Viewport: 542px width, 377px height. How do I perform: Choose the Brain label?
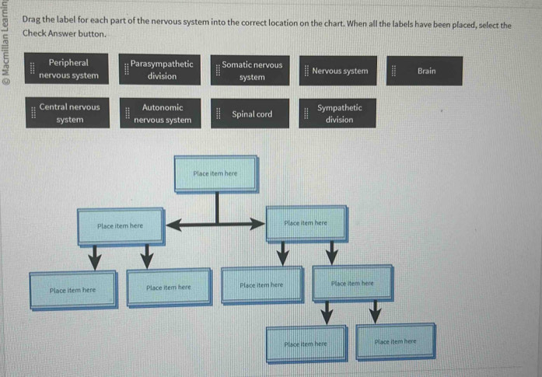[x=426, y=71]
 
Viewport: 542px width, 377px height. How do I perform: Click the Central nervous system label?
[x=69, y=113]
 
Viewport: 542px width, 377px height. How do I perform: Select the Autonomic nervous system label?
[x=163, y=113]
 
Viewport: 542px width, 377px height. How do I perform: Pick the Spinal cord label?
[x=252, y=114]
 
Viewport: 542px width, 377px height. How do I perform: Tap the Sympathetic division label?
[x=339, y=114]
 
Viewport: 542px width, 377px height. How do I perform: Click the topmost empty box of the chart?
[x=214, y=175]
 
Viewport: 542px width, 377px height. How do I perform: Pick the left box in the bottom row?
[x=307, y=344]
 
